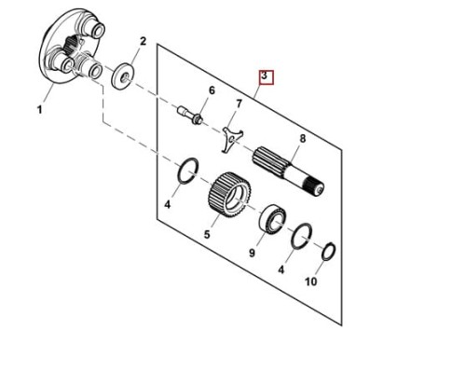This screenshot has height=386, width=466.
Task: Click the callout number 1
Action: (x=39, y=109)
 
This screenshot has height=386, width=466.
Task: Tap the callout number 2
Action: (x=143, y=41)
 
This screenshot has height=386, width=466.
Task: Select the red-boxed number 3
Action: (x=264, y=76)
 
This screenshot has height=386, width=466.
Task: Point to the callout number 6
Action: (x=212, y=90)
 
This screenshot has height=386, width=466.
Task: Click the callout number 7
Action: (x=239, y=103)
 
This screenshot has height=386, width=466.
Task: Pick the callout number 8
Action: (x=303, y=139)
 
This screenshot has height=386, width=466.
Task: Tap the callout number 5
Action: (x=207, y=234)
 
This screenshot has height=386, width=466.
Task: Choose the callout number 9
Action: (x=252, y=253)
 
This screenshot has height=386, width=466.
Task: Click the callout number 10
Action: (x=311, y=282)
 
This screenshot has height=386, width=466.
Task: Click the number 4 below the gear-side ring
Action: (x=168, y=204)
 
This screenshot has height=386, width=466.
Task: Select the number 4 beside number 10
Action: (x=281, y=269)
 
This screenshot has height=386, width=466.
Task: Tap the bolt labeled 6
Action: (x=190, y=115)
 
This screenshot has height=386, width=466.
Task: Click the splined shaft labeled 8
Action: (x=288, y=172)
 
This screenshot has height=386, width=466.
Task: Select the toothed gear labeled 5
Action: (x=229, y=195)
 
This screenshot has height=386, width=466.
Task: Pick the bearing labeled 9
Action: (x=273, y=218)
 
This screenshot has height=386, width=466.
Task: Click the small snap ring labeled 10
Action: (x=329, y=252)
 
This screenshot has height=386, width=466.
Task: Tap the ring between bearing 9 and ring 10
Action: (x=302, y=236)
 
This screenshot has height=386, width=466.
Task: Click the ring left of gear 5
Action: (x=188, y=171)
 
